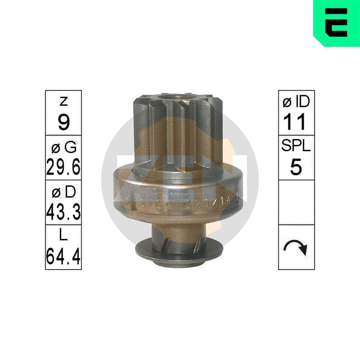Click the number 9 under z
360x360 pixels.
[63, 123]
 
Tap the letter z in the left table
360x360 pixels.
[63, 102]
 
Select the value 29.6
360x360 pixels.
[63, 167]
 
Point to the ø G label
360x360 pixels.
[63, 147]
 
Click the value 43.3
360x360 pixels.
[63, 212]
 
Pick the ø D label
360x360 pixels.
[63, 193]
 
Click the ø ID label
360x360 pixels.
[296, 103]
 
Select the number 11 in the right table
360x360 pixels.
[296, 122]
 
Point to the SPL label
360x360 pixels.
[296, 147]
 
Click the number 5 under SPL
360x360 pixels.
[296, 167]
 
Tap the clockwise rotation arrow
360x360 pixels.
[296, 247]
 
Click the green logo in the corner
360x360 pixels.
[336, 22]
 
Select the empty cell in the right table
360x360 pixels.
[296, 202]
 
